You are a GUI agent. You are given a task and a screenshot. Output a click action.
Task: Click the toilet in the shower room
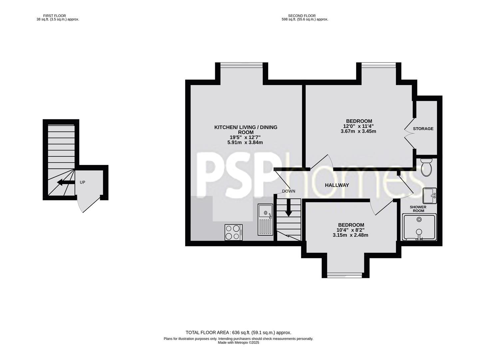point(426,167)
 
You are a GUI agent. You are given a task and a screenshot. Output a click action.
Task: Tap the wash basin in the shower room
point(429,196)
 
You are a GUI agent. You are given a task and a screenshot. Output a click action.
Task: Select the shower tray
point(419,227)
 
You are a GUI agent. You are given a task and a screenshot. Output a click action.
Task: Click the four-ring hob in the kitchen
point(233,232)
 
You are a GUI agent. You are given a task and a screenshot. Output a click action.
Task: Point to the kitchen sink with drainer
point(265,220)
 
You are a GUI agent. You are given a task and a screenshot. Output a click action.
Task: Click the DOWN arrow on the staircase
point(288,207)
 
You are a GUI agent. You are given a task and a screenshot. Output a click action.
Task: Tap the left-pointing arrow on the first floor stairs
point(65,182)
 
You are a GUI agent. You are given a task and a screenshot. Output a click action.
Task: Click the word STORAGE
point(423,129)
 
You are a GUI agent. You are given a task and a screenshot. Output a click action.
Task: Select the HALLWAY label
point(337,185)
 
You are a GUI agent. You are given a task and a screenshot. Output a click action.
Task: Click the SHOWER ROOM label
point(418,209)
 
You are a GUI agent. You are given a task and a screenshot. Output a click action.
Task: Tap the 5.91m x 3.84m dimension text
point(245,143)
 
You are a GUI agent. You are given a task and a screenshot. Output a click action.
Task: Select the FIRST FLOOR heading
point(55,16)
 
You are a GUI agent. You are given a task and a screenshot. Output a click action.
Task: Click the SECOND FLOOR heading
point(302,16)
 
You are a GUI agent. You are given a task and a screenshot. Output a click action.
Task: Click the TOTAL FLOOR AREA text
point(238,332)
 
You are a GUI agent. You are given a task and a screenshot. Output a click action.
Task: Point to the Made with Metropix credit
point(238,343)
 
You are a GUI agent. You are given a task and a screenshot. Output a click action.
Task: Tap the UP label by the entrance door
point(82,182)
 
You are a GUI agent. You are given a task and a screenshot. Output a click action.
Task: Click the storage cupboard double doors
point(408,133)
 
